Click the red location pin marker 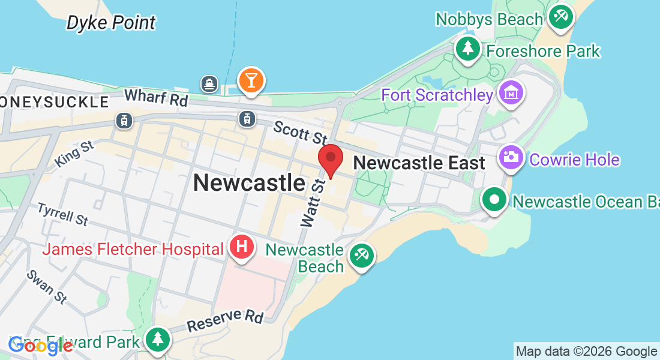(330, 159)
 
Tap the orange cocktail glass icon (251, 80)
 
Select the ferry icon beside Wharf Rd (209, 83)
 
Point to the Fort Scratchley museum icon (512, 94)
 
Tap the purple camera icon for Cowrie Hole (511, 158)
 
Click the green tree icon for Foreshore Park (467, 47)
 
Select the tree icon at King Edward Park (158, 339)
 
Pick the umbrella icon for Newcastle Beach (362, 256)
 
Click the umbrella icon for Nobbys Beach (561, 16)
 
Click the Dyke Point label (111, 23)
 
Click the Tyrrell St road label (62, 214)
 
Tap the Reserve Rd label (225, 320)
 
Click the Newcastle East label (419, 163)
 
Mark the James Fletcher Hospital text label (133, 248)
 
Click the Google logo (41, 345)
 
